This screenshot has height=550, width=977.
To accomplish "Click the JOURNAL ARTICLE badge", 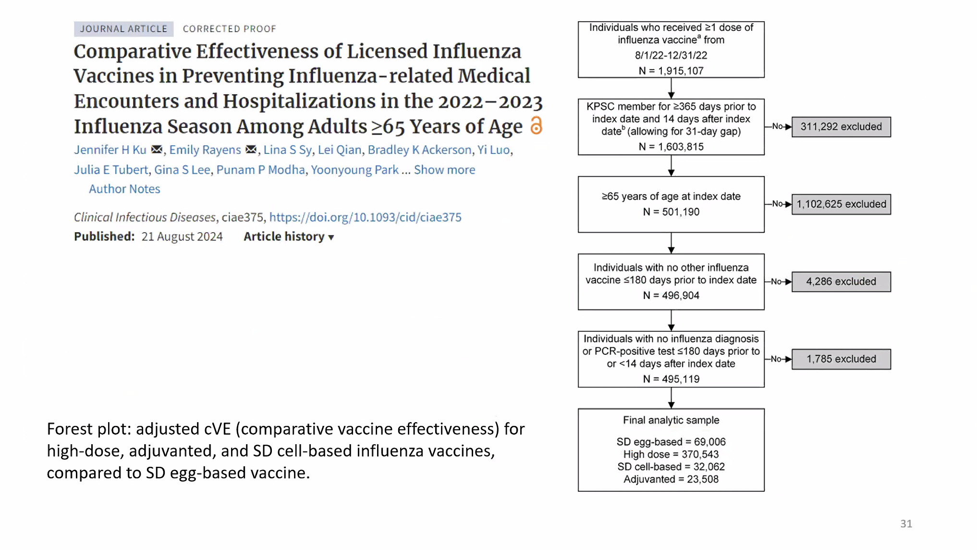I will tap(123, 29).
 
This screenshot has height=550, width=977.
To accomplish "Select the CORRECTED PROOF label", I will tap(229, 29).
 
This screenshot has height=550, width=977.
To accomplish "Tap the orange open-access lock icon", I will tap(536, 126).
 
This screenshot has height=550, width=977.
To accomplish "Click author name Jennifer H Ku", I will tap(110, 150).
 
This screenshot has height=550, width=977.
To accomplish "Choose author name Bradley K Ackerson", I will tap(419, 150).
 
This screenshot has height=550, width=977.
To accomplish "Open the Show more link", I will tap(444, 170).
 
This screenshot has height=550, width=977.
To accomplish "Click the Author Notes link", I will tap(124, 189).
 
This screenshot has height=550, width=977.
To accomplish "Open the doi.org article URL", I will tap(365, 217).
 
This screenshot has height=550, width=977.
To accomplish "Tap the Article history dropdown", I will tap(289, 237).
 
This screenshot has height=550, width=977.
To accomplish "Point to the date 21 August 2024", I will tap(182, 237).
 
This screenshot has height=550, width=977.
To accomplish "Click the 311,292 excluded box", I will tap(841, 127).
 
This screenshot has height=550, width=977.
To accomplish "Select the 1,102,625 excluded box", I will tap(841, 204).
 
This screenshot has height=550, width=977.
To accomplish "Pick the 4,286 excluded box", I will tap(841, 282).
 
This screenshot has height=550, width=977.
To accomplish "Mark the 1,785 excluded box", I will tap(841, 359).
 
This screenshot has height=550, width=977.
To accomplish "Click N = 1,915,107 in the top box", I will tap(671, 71).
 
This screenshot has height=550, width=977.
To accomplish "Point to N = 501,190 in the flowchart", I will tap(671, 212).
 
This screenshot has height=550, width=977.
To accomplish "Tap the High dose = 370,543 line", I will tap(671, 454).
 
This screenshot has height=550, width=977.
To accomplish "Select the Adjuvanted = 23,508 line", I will tap(671, 479).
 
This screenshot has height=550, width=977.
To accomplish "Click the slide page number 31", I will tap(906, 524).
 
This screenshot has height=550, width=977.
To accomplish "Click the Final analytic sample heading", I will tap(671, 420).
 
